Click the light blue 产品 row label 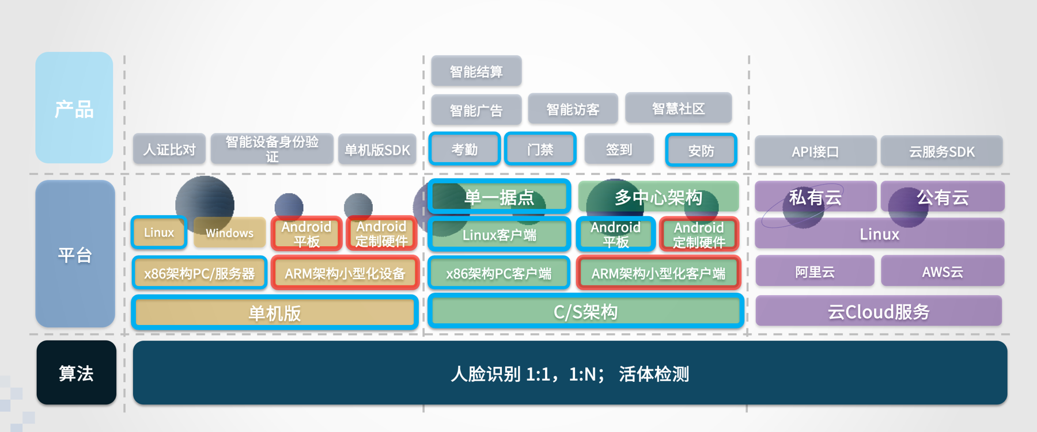[74, 108]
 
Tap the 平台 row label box [75, 254]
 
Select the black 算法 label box [76, 373]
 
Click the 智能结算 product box [476, 71]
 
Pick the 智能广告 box [476, 109]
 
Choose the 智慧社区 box [678, 108]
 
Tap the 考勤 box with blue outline [464, 150]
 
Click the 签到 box [619, 150]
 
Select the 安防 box [701, 150]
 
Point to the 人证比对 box [169, 150]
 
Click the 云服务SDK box [941, 151]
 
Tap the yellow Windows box [229, 233]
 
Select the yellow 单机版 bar [274, 313]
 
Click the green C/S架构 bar [585, 312]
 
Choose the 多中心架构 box [658, 197]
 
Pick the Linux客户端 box [499, 234]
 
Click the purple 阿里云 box [815, 272]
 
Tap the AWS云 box [943, 272]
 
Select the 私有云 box [815, 197]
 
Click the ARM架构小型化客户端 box [658, 273]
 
